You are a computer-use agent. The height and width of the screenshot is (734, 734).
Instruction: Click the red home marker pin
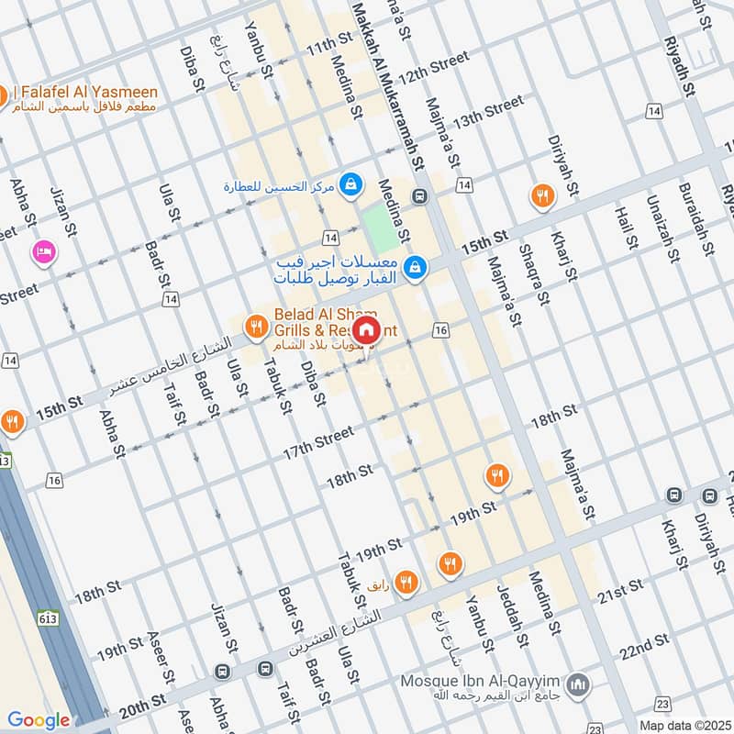click(365, 329)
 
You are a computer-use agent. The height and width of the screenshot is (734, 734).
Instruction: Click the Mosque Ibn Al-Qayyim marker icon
click(578, 684)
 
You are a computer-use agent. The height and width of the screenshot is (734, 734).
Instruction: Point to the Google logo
click(38, 720)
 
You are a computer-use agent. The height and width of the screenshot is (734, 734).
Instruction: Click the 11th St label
click(329, 44)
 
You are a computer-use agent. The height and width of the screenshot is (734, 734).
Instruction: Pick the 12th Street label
click(434, 71)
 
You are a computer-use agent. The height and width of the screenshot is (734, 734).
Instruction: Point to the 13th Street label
click(487, 112)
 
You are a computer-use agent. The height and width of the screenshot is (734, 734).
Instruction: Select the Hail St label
click(627, 228)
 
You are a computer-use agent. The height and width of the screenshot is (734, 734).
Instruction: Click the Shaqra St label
click(533, 275)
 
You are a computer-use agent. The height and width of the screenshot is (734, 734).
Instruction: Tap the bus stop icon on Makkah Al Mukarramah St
click(419, 195)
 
